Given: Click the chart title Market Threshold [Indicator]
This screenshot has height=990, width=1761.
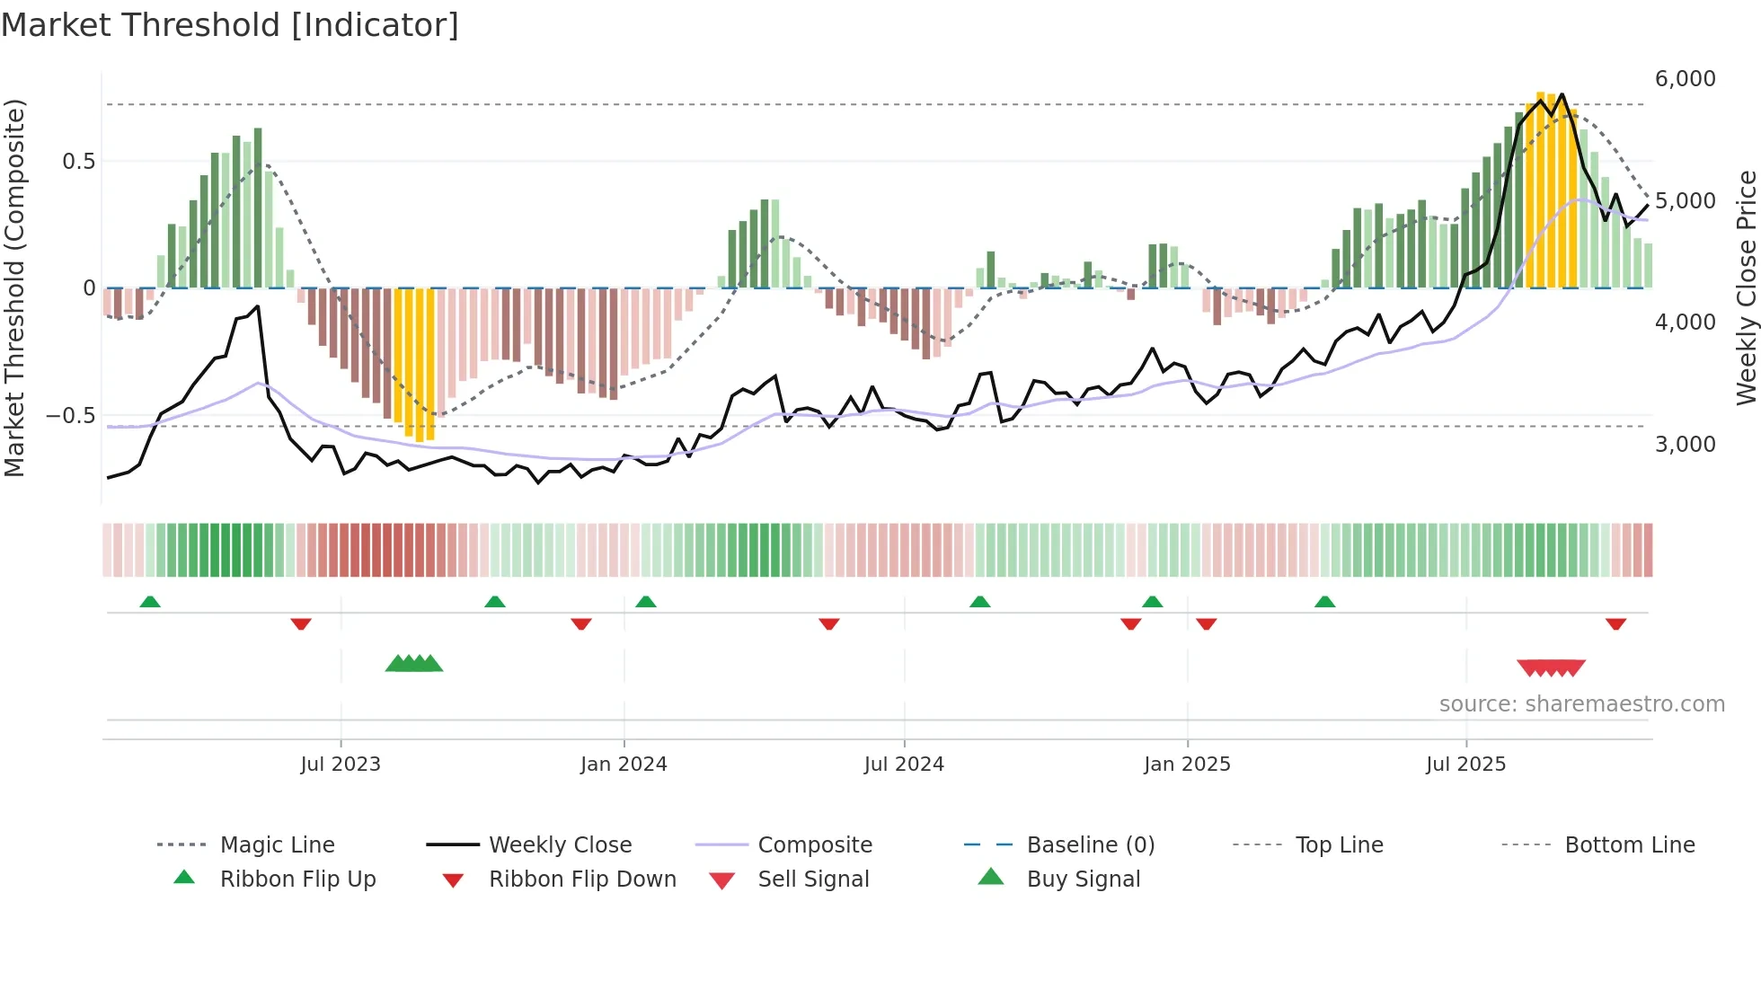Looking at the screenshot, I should (230, 25).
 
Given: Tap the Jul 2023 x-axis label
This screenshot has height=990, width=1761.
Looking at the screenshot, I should (341, 765).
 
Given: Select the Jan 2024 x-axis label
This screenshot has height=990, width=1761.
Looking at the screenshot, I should (624, 765).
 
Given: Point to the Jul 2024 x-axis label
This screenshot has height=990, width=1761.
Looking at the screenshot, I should (904, 765).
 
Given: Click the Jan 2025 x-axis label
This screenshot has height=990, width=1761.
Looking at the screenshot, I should (1187, 765).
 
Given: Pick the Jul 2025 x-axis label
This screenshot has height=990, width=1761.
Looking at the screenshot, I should (1465, 765).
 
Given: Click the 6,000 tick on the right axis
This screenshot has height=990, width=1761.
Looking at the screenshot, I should (1685, 79).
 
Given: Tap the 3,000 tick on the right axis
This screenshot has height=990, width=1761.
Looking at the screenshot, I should (1685, 445).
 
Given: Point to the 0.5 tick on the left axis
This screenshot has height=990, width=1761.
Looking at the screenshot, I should (78, 162).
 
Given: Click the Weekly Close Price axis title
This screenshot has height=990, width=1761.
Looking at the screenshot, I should (1746, 287).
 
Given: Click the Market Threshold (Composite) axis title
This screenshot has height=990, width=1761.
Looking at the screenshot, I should (14, 287).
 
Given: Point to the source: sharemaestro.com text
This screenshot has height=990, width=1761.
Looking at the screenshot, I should (1581, 704).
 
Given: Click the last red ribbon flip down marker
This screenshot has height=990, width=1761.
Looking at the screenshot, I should (1615, 623).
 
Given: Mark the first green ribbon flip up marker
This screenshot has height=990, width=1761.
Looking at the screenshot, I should (150, 602).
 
